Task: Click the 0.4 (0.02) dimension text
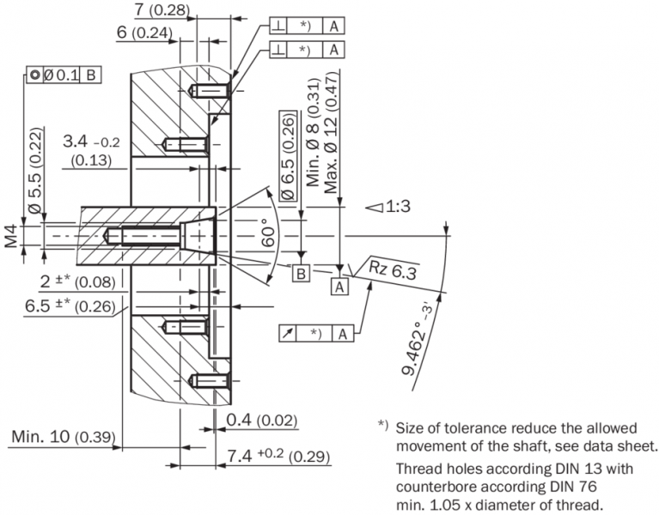262,421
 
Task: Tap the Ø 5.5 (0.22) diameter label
35,172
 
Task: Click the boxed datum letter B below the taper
302,274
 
